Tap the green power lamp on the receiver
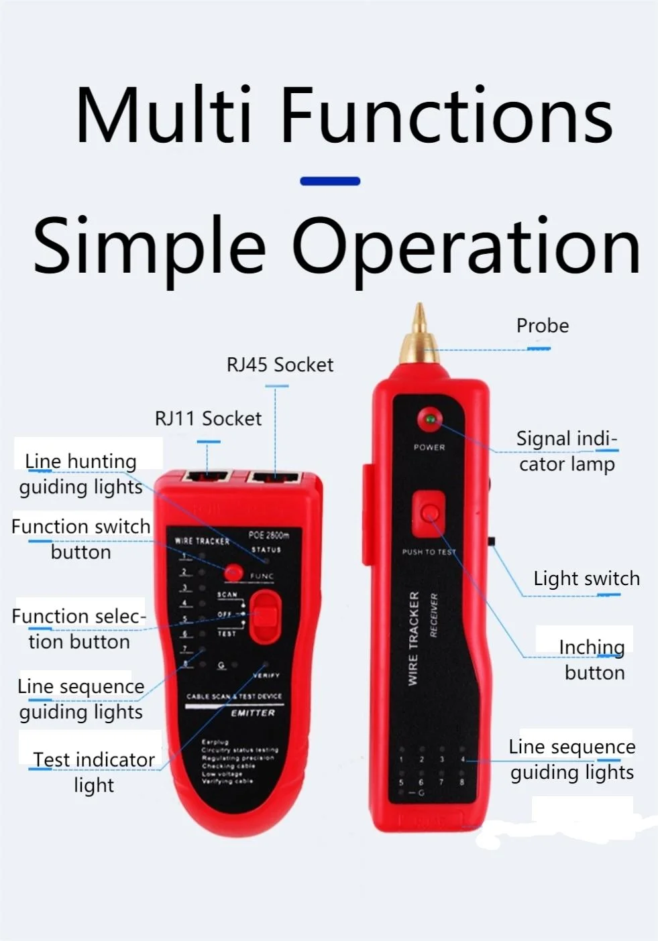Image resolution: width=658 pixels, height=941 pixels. click(x=429, y=420)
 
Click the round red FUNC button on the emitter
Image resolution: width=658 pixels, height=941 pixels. click(x=233, y=572)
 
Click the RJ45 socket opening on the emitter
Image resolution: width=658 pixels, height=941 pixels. click(x=275, y=479)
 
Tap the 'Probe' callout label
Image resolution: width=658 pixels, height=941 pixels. click(x=542, y=326)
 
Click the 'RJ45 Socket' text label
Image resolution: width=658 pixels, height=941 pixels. click(x=280, y=365)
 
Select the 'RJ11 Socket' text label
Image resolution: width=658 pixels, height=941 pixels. click(x=208, y=418)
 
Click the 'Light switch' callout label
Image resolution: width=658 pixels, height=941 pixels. click(x=586, y=578)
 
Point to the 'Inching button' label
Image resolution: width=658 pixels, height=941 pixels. click(x=593, y=660)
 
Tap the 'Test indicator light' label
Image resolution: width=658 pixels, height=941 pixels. click(x=93, y=772)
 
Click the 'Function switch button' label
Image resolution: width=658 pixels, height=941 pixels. click(x=80, y=539)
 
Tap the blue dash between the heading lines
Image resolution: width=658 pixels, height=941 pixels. click(x=330, y=181)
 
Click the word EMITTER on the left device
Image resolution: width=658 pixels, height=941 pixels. click(x=253, y=712)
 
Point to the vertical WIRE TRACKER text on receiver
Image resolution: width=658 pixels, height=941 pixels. click(x=413, y=638)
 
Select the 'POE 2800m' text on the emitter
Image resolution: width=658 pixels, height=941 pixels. click(x=268, y=535)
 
